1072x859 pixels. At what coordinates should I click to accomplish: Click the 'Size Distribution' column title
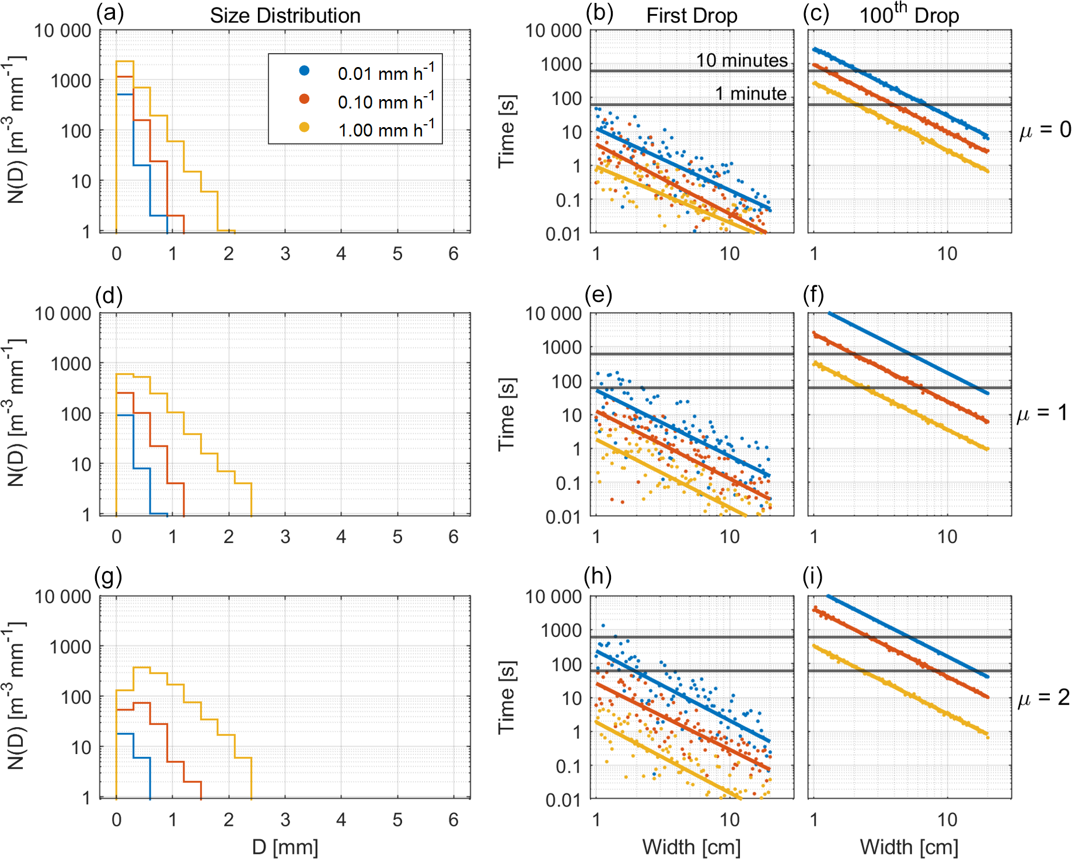pos(285,16)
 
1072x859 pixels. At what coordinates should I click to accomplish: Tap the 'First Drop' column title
pos(692,16)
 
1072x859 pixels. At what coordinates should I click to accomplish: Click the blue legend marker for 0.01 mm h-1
pos(304,71)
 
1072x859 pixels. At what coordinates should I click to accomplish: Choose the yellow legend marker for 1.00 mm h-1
pos(304,127)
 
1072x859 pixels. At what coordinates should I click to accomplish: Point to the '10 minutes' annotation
pos(742,60)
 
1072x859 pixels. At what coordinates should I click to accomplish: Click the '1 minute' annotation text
pos(751,93)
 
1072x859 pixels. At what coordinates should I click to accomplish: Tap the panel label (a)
pos(110,13)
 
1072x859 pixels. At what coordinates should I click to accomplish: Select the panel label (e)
pos(598,296)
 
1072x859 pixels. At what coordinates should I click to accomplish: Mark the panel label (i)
pos(812,576)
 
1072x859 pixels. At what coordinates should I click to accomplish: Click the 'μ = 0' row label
pos(1045,130)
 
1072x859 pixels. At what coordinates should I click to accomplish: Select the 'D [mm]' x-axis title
pos(285,847)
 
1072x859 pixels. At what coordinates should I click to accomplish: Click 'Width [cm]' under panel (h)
pos(692,847)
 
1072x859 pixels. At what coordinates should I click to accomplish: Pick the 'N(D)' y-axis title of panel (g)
pos(16,697)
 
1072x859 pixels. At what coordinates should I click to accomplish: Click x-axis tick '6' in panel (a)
pos(453,254)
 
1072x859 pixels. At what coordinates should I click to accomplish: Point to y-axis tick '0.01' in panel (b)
pos(563,234)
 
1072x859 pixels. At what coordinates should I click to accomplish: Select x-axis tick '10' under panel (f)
pos(947,537)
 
